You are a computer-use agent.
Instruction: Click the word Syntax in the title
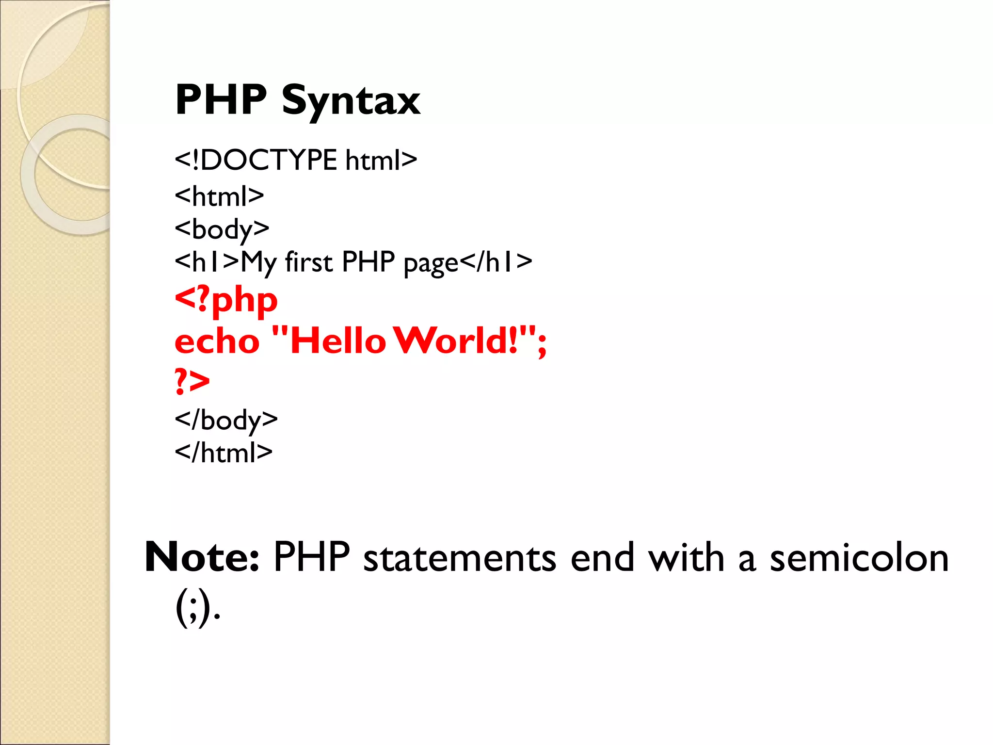point(351,101)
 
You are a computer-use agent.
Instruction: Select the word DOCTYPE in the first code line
point(268,160)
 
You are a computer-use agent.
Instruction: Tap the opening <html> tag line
point(219,196)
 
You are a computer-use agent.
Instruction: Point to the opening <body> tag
point(222,228)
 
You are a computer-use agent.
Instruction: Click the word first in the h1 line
point(309,262)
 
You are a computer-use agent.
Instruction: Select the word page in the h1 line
point(431,263)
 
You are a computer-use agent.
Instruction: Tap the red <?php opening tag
point(226,300)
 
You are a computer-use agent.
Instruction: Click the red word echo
point(217,341)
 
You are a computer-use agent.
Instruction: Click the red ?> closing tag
point(192,380)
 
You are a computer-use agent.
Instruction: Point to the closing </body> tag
point(226,420)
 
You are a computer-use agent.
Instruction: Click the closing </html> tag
point(224,453)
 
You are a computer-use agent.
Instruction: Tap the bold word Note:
point(202,557)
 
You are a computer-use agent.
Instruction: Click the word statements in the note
point(459,557)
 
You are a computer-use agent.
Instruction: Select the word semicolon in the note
point(859,557)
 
